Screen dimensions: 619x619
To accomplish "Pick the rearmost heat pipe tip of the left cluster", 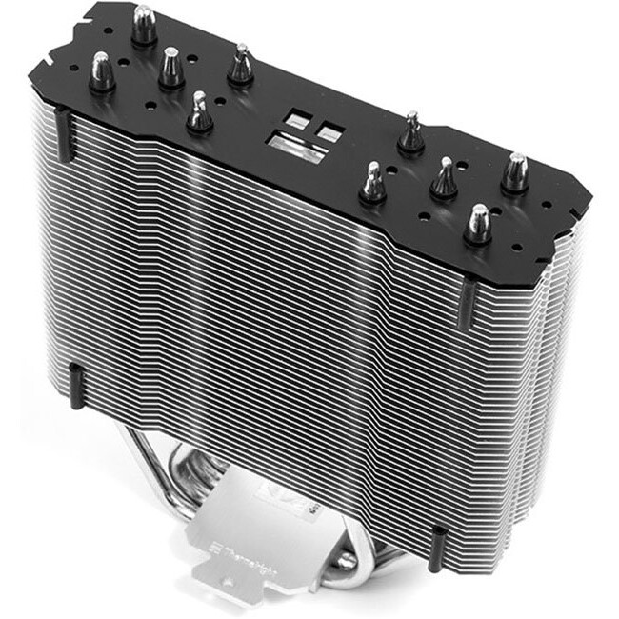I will coord(145,27).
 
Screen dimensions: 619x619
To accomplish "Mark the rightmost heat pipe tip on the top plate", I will coord(515,174).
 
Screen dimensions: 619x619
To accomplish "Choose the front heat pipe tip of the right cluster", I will coord(477,225).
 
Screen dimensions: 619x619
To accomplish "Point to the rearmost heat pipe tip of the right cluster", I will coord(411,133).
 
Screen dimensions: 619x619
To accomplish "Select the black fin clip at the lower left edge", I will coord(76,384).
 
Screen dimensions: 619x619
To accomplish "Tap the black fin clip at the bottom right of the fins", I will coord(439,547).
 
